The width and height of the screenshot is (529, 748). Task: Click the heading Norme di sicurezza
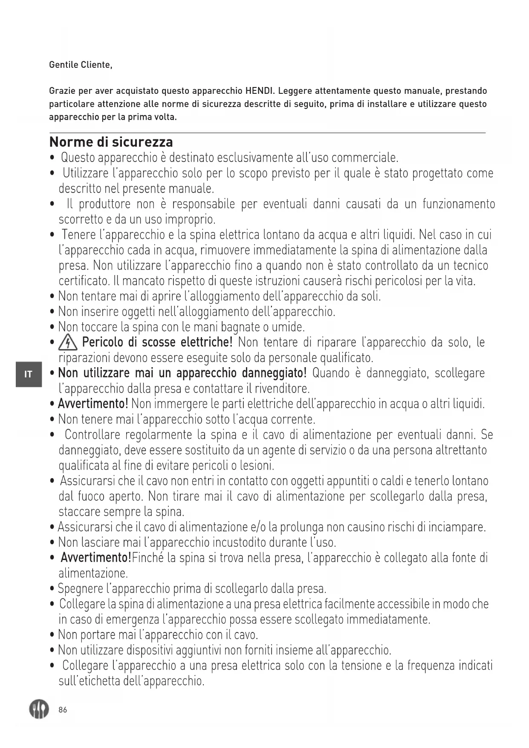(x=111, y=142)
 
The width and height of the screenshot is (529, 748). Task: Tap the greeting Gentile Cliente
(x=81, y=65)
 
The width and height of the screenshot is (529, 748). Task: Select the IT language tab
(x=29, y=374)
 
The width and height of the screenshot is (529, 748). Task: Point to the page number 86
(x=63, y=710)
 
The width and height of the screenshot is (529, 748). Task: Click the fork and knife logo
(x=39, y=709)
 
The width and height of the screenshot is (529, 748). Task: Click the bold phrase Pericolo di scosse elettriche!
(x=157, y=342)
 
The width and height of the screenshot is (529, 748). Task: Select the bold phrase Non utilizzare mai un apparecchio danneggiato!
(x=182, y=373)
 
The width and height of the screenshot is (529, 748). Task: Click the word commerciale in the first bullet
(x=364, y=158)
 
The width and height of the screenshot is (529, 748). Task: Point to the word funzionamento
(x=459, y=204)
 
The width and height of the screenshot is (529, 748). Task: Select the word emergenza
(x=132, y=619)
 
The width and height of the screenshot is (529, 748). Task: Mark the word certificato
(x=85, y=281)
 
